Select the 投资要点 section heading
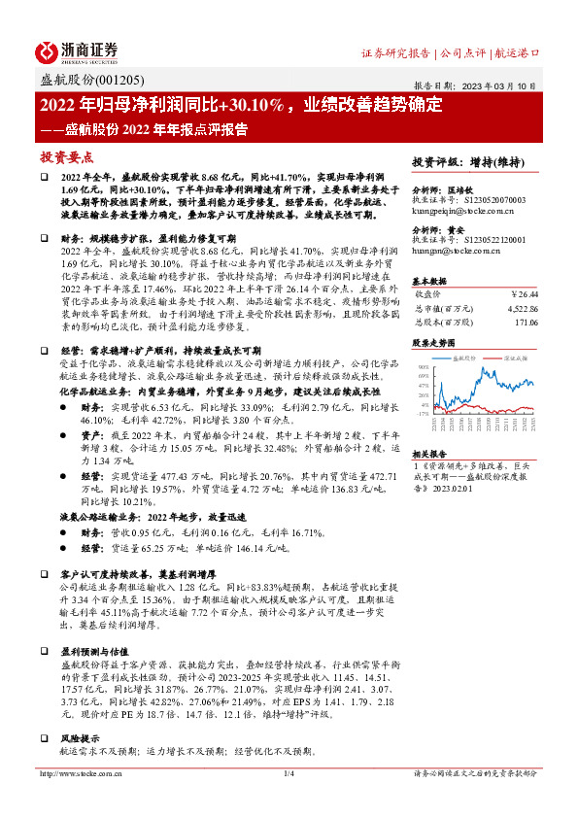(66, 155)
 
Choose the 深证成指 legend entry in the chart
(510, 358)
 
